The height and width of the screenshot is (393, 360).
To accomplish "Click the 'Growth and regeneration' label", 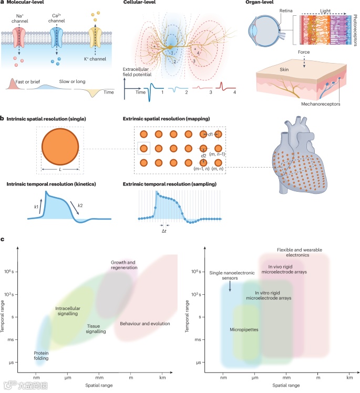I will [x=124, y=265].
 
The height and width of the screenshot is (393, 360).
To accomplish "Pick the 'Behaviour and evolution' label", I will [x=145, y=323].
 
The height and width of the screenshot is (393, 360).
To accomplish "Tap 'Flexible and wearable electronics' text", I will [x=300, y=253].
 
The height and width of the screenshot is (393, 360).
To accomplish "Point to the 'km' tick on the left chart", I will [x=163, y=377].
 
